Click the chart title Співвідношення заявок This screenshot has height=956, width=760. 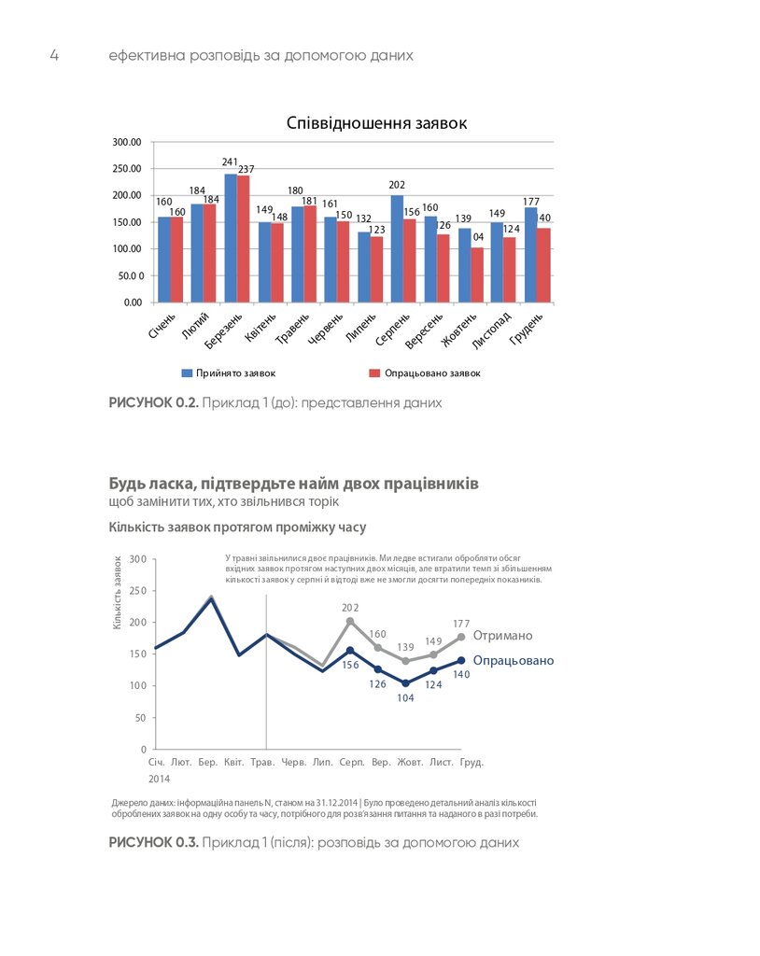(x=376, y=123)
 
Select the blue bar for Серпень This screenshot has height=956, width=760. (x=397, y=248)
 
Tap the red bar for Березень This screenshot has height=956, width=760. (x=244, y=239)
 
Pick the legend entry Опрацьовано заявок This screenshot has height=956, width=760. (x=425, y=373)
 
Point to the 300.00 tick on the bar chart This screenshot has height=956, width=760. (x=126, y=142)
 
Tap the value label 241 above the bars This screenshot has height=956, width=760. (x=231, y=162)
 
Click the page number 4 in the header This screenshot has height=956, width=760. (x=54, y=55)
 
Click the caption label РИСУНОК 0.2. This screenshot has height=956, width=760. (x=154, y=403)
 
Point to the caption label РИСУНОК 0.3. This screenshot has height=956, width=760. (x=154, y=842)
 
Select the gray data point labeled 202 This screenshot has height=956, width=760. (x=350, y=621)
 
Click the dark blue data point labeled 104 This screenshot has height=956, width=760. (x=406, y=683)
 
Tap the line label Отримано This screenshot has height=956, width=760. (x=502, y=636)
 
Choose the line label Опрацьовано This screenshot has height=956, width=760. (x=513, y=661)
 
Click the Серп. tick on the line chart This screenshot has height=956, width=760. (x=351, y=763)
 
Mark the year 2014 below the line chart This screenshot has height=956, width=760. (x=159, y=779)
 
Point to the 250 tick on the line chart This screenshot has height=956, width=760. (x=137, y=591)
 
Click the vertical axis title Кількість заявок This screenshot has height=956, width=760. (x=118, y=592)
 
